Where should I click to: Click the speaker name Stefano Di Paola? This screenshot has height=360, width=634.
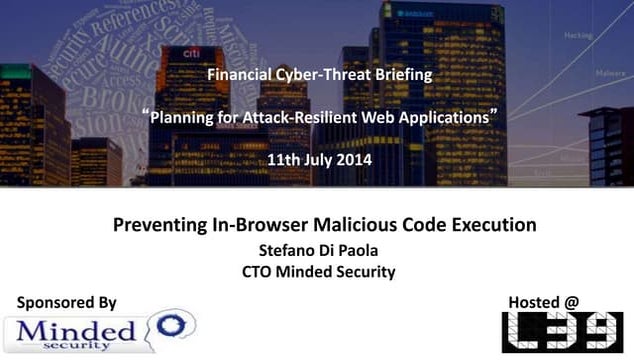(318, 249)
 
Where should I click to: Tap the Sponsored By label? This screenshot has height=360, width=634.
(68, 302)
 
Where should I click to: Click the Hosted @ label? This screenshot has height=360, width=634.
(543, 302)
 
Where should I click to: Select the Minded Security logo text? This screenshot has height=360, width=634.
(75, 332)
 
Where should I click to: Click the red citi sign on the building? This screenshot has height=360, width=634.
(193, 52)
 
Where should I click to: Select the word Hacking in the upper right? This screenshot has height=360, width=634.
(579, 34)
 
